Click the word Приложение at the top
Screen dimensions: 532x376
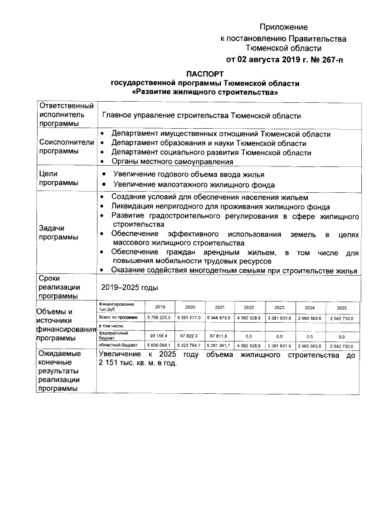tap(284, 27)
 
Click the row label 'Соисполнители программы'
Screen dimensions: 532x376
tap(58, 146)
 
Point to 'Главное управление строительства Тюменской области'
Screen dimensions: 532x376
tap(201, 116)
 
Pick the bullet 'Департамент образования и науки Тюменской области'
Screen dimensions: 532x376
tap(209, 143)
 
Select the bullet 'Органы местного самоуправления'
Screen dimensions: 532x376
tap(172, 161)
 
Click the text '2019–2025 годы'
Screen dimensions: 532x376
tap(129, 287)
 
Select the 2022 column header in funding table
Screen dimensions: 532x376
tap(249, 307)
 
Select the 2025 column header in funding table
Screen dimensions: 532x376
tap(341, 307)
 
